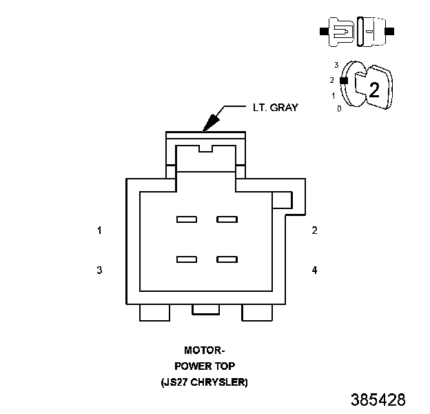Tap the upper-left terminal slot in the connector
(187, 220)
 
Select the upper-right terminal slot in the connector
(227, 220)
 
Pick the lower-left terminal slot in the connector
(187, 259)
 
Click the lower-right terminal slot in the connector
(227, 259)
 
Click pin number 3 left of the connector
(99, 270)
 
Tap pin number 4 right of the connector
(314, 270)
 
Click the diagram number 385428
(378, 400)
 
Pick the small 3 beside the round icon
(336, 64)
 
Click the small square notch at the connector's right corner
(283, 200)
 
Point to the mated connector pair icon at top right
(357, 32)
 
